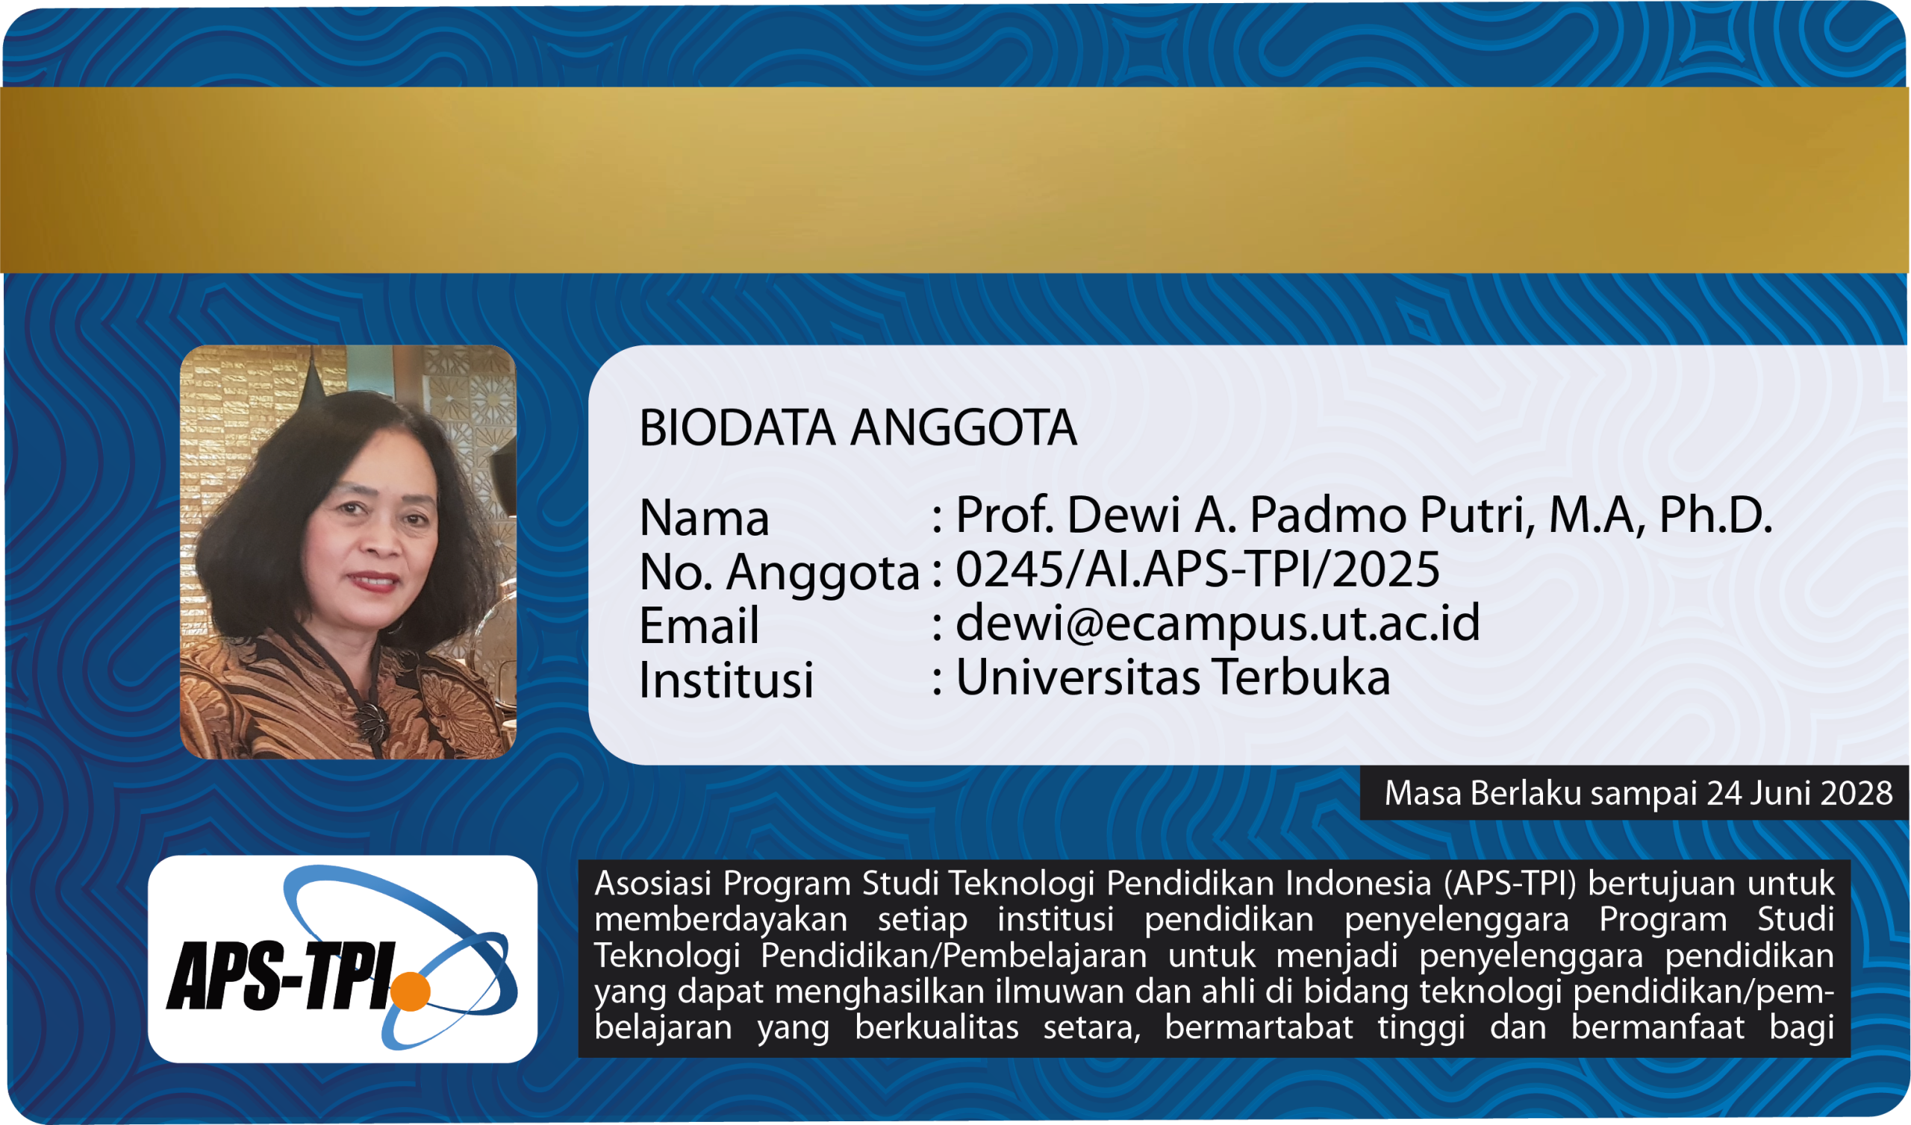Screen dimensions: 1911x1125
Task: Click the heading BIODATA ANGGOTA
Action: pyautogui.click(x=858, y=428)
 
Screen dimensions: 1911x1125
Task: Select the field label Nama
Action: pyautogui.click(x=705, y=518)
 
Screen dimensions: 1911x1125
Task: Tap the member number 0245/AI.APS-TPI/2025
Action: pyautogui.click(x=1197, y=569)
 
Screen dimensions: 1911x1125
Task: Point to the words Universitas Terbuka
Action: pyautogui.click(x=1173, y=676)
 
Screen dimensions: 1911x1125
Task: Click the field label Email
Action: pyautogui.click(x=699, y=625)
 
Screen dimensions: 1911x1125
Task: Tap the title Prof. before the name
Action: pyautogui.click(x=1006, y=515)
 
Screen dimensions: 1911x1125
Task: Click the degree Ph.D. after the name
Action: pyautogui.click(x=1715, y=515)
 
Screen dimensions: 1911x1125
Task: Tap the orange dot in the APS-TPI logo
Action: pyautogui.click(x=411, y=991)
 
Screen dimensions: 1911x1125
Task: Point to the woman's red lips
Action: pyautogui.click(x=372, y=581)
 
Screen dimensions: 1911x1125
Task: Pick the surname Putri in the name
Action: pyautogui.click(x=1477, y=515)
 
